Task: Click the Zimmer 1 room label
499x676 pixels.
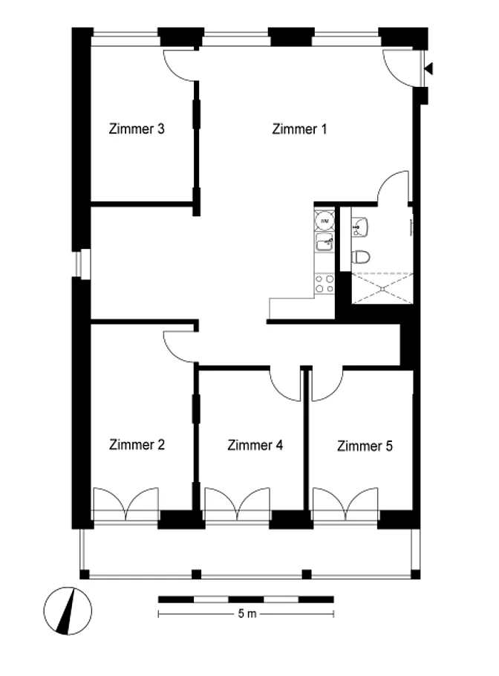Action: pyautogui.click(x=299, y=129)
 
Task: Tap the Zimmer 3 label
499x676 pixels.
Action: pyautogui.click(x=137, y=129)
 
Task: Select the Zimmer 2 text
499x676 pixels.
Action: pyautogui.click(x=137, y=444)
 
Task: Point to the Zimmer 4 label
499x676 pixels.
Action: pyautogui.click(x=255, y=445)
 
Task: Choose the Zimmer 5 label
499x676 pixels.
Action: pyautogui.click(x=365, y=446)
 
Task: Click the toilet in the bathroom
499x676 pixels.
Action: pyautogui.click(x=361, y=257)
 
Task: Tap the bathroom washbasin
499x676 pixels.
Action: pyautogui.click(x=359, y=227)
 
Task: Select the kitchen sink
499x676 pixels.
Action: pyautogui.click(x=324, y=242)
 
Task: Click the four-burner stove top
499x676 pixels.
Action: pyautogui.click(x=324, y=284)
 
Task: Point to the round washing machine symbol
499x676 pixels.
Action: pyautogui.click(x=324, y=221)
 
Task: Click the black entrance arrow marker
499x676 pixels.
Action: pyautogui.click(x=428, y=68)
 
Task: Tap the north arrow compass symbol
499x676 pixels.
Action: pyautogui.click(x=68, y=611)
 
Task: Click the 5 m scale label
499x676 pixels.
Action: pyautogui.click(x=247, y=613)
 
